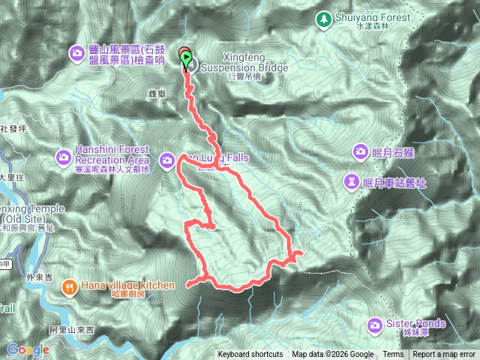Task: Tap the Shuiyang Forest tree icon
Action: coord(324,18)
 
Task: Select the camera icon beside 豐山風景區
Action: coord(77,52)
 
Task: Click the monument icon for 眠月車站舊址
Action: coord(352,181)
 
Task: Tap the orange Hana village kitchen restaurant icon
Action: coord(69,285)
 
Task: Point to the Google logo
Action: coord(28,349)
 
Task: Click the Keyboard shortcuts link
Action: coord(250,355)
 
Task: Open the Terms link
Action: coord(392,355)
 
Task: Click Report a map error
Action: coord(444,355)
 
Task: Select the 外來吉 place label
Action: coord(40,277)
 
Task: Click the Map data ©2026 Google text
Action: coord(332,355)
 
